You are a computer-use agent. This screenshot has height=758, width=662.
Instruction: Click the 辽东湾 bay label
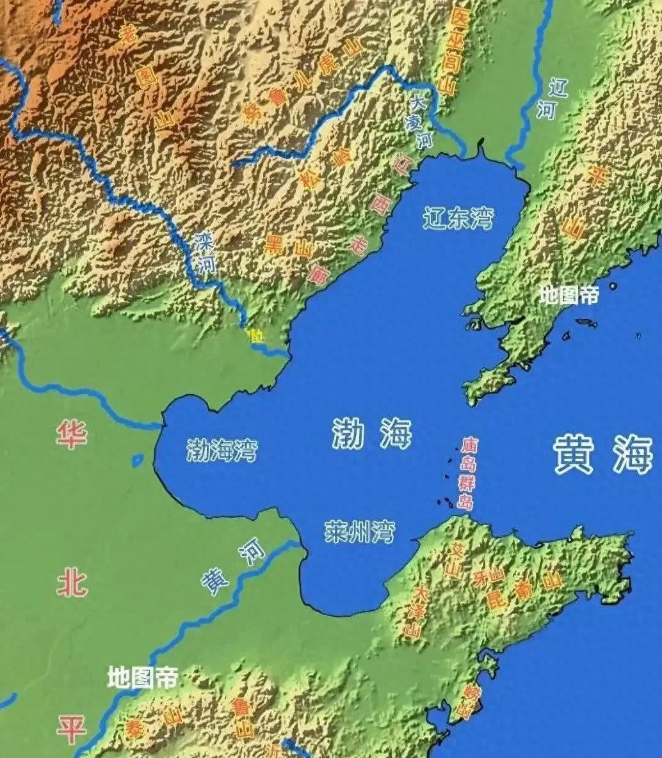(458, 219)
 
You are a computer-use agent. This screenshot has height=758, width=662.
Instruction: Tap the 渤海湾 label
(222, 450)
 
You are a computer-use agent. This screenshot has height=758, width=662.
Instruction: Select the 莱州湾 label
(359, 532)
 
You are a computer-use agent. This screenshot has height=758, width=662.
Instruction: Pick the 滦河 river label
(205, 253)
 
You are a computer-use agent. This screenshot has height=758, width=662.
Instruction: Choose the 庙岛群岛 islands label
(468, 473)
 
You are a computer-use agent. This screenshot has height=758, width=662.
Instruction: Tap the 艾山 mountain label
(455, 560)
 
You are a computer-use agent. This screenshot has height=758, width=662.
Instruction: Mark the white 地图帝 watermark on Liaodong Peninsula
(569, 295)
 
